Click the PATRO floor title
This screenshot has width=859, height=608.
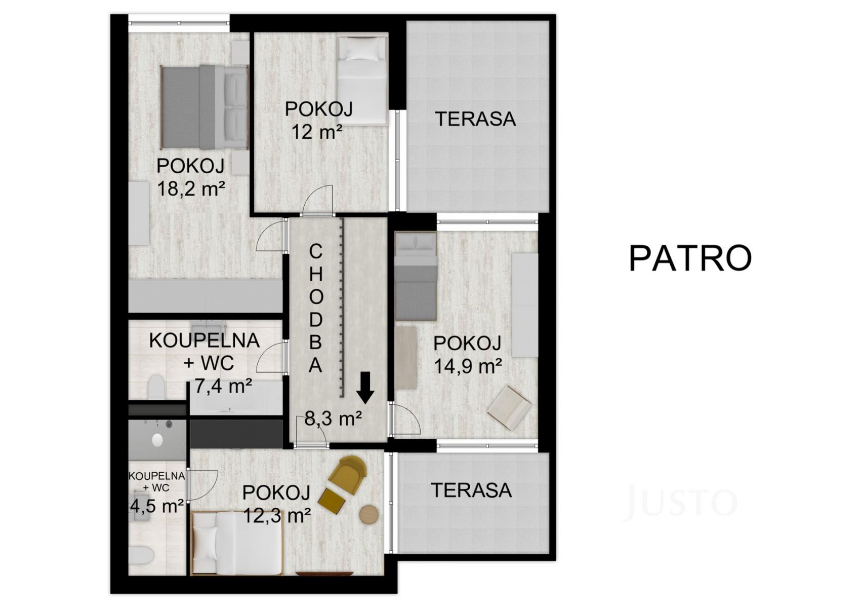pyautogui.click(x=690, y=258)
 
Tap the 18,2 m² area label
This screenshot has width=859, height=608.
pyautogui.click(x=191, y=189)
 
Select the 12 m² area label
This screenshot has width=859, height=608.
pyautogui.click(x=317, y=132)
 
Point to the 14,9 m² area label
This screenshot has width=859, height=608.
pyautogui.click(x=468, y=366)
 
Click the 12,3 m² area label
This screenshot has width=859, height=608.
pyautogui.click(x=277, y=515)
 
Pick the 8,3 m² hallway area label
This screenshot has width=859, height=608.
pyautogui.click(x=333, y=419)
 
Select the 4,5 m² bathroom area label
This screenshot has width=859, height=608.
pyautogui.click(x=157, y=506)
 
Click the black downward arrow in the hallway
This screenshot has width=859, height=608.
pyautogui.click(x=365, y=388)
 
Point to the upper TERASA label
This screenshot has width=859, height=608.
pyautogui.click(x=475, y=119)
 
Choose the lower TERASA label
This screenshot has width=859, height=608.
pyautogui.click(x=471, y=490)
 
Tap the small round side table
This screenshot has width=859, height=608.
pyautogui.click(x=369, y=514)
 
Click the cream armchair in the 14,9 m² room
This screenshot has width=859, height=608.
pyautogui.click(x=509, y=408)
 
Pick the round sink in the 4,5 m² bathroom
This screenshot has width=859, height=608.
pyautogui.click(x=157, y=440)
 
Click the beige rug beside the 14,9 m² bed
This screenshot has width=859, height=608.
pyautogui.click(x=406, y=358)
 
